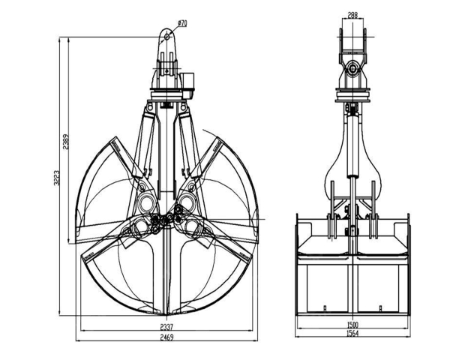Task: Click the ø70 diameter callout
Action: (182, 23)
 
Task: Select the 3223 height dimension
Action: (57, 178)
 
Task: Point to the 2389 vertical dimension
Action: (66, 142)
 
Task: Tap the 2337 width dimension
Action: (166, 327)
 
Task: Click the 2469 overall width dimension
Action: (166, 337)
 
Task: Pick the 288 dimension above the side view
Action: (352, 15)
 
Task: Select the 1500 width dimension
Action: (352, 325)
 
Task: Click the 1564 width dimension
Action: (352, 333)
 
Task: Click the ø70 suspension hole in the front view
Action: (167, 37)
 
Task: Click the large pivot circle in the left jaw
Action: (146, 202)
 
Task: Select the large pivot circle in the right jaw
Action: (187, 202)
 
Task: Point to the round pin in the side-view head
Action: (352, 69)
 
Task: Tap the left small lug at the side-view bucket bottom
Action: (325, 308)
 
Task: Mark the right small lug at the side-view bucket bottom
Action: (380, 308)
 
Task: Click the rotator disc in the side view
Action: (352, 95)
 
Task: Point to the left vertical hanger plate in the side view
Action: (332, 210)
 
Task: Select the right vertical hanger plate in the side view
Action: (373, 210)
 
